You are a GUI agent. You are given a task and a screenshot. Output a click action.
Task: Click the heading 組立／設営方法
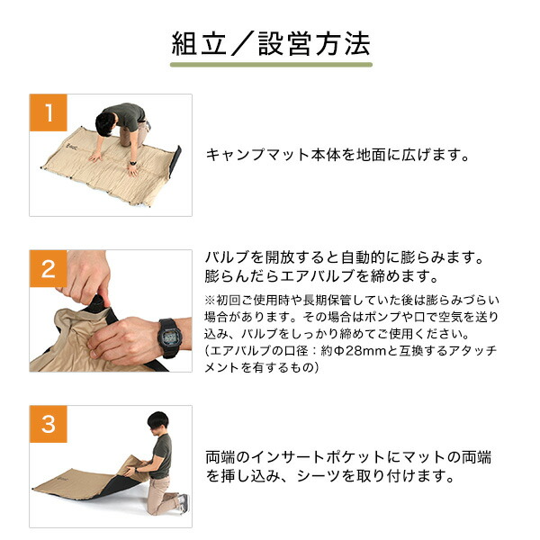271,44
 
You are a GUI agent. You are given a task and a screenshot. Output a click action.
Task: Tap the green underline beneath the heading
271,65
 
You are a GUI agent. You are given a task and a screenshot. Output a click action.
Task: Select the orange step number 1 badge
49,112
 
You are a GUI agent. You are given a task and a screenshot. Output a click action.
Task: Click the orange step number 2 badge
49,268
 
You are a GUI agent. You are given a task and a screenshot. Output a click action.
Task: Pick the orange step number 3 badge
49,424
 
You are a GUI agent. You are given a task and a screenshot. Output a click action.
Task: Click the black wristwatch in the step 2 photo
169,337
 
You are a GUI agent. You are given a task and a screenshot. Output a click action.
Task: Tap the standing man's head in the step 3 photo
158,422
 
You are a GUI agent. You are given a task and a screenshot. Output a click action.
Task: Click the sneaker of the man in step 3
184,502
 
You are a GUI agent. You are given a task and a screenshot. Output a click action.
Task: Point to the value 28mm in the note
366,351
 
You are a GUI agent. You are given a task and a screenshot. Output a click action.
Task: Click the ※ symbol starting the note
210,301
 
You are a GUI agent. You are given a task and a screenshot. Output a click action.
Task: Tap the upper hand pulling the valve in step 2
86,275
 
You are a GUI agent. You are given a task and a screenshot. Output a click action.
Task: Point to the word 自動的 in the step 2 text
364,257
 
